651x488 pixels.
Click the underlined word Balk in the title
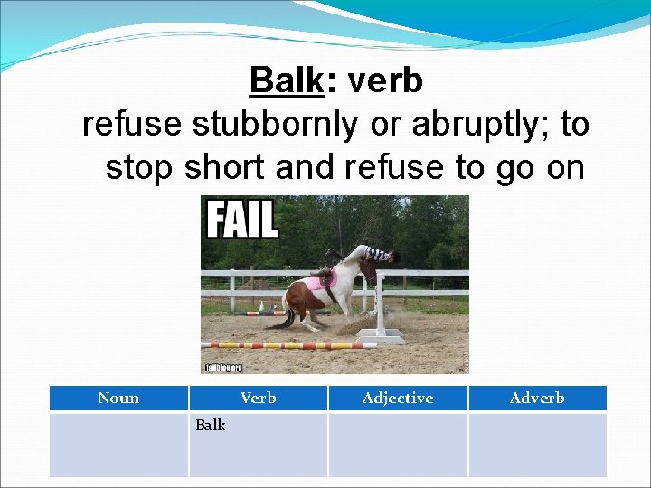pyautogui.click(x=286, y=81)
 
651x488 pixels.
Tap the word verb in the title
pyautogui.click(x=384, y=81)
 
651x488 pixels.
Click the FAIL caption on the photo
pyautogui.click(x=241, y=219)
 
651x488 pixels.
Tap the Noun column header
pyautogui.click(x=118, y=398)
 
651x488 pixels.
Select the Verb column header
pyautogui.click(x=258, y=398)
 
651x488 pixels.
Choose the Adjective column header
pyautogui.click(x=398, y=398)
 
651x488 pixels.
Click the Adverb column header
pyautogui.click(x=537, y=398)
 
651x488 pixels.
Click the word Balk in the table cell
pyautogui.click(x=211, y=425)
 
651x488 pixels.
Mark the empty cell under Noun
pyautogui.click(x=118, y=444)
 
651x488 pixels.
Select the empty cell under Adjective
pyautogui.click(x=398, y=444)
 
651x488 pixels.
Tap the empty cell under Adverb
pyautogui.click(x=537, y=444)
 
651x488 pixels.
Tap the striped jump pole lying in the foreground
pyautogui.click(x=280, y=345)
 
